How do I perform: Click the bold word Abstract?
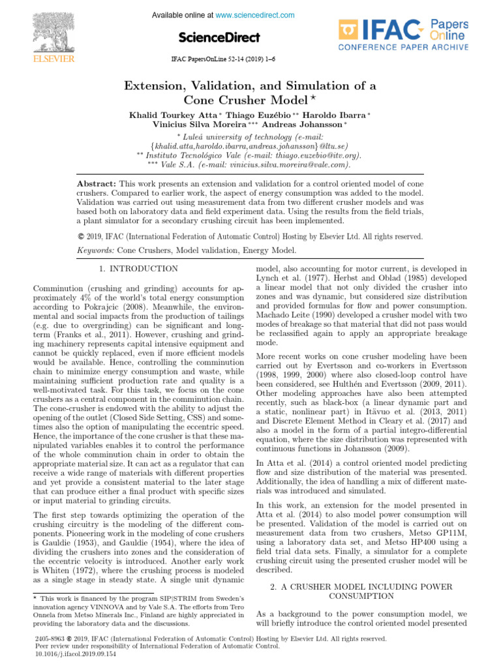96,185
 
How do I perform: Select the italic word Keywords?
95,250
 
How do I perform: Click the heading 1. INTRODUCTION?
138,269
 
